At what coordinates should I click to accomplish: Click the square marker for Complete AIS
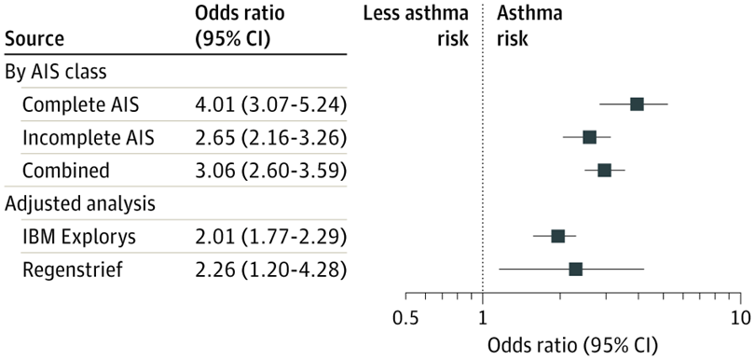pos(637,104)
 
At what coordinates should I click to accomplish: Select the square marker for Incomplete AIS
pos(589,137)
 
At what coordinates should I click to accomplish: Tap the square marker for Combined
pos(604,170)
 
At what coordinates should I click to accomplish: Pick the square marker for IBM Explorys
pos(557,236)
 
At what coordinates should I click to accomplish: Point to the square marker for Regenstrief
pos(575,269)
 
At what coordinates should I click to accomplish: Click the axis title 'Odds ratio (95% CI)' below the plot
pos(571,344)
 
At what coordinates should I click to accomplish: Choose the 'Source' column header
pos(34,39)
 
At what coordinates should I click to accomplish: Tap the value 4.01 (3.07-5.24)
pos(270,104)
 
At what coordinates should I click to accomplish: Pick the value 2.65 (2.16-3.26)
pos(270,137)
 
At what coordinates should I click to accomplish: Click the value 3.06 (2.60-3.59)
pos(270,170)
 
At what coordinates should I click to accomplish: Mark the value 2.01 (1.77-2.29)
pos(270,236)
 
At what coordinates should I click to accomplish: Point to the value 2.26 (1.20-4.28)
pos(270,269)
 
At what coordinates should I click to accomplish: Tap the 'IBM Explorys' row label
pos(78,236)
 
